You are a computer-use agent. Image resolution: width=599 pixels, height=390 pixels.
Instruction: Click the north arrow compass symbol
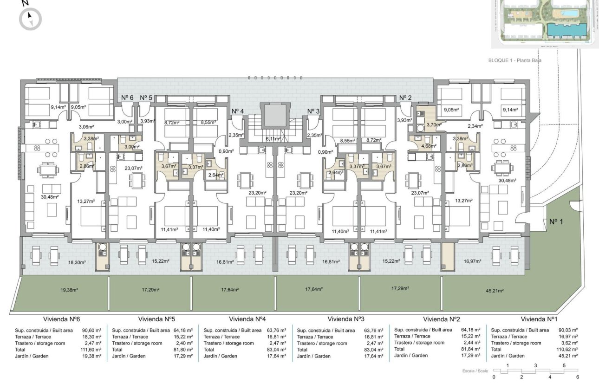30,19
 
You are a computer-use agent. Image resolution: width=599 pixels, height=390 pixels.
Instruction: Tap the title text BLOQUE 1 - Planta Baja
515,60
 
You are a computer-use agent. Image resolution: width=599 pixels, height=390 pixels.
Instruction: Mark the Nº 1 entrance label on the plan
556,222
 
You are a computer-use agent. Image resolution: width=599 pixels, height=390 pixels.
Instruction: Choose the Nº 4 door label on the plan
238,111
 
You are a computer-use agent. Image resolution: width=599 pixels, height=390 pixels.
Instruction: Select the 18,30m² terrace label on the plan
77,262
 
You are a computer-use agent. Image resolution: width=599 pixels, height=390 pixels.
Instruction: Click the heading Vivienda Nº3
345,319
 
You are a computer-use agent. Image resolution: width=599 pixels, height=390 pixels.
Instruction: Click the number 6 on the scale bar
578,377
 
